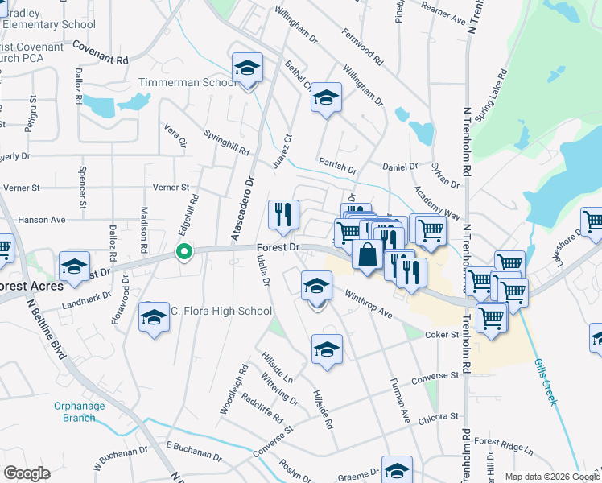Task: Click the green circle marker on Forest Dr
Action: (x=184, y=252)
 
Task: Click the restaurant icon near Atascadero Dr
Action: (x=283, y=214)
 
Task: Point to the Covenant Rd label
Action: (x=101, y=53)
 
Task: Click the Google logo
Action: (x=27, y=473)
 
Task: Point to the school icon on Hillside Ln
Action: (x=326, y=349)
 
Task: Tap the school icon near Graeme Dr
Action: (x=397, y=469)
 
